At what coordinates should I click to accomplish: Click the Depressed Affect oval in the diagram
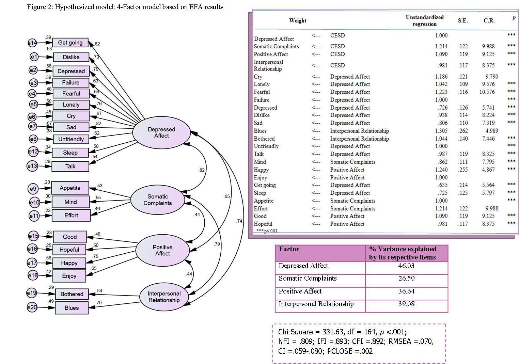point(161,132)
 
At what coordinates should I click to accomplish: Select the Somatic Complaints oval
point(157,200)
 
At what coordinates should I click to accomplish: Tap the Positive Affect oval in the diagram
point(162,250)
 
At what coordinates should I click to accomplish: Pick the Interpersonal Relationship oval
point(164,297)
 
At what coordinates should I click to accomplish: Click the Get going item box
point(70,43)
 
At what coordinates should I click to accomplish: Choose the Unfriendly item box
point(71,139)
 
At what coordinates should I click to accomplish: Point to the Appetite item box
point(70,188)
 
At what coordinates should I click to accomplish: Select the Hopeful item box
point(69,250)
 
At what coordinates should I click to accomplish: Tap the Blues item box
point(72,308)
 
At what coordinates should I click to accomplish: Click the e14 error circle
point(32,43)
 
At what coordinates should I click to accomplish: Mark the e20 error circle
point(32,307)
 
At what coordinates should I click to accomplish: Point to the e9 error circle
point(33,189)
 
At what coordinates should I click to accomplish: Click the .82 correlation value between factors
point(202,170)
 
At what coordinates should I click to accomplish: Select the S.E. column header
point(462,21)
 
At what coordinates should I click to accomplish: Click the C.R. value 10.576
point(487,92)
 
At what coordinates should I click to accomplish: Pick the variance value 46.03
point(406,266)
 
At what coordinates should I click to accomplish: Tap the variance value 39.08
point(406,304)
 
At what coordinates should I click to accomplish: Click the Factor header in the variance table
point(289,249)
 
